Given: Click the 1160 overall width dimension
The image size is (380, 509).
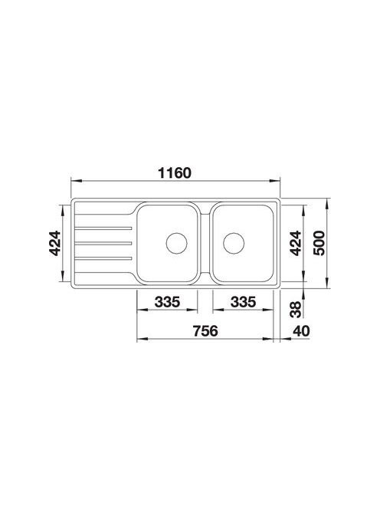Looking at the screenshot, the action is [175, 173].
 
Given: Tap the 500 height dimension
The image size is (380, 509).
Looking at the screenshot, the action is [319, 243].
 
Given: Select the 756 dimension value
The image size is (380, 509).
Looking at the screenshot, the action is [205, 331].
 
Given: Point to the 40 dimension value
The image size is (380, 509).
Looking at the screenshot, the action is [301, 331].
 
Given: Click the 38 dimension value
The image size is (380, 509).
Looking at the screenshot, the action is [295, 310].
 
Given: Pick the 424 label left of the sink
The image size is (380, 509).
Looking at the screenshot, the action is [54, 243].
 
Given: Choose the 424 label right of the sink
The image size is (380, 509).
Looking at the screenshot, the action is [295, 243].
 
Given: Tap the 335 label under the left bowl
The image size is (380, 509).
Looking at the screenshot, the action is [167, 302].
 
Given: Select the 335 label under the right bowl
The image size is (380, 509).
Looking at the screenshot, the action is [243, 302].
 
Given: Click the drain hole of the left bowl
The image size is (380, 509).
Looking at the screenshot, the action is [176, 243].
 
